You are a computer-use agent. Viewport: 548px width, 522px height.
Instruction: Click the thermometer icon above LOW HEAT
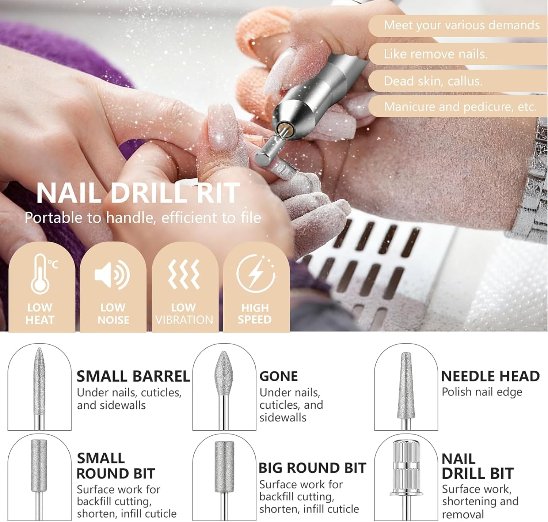coord(41,274)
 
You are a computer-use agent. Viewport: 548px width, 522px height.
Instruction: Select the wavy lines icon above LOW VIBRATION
coord(184,274)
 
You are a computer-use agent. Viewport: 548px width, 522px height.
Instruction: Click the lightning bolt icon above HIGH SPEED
coord(256,273)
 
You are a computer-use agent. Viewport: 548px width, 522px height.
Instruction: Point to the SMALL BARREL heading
coord(133,377)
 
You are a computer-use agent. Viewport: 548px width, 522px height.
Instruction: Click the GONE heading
coord(278,377)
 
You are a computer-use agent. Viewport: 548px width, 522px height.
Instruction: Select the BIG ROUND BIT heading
coord(312,468)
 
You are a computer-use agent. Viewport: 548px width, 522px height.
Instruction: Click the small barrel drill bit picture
coord(39,388)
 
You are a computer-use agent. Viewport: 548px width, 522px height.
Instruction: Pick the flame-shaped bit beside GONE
coord(224,389)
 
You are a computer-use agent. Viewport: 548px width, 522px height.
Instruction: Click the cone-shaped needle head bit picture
coord(406,391)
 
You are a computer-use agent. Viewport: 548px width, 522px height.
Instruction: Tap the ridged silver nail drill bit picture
coord(406,478)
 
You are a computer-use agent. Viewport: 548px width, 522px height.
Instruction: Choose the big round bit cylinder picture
coord(224,478)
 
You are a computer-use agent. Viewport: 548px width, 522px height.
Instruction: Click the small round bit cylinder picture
coord(39,478)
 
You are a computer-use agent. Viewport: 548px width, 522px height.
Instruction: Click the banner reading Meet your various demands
coord(458,26)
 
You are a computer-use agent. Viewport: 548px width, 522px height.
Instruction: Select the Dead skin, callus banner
coord(458,81)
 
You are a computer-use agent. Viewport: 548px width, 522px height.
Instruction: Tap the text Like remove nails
coord(436,54)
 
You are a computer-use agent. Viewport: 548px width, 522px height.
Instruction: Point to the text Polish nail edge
coord(482,392)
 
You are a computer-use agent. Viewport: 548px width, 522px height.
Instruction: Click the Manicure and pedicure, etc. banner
coord(458,107)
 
